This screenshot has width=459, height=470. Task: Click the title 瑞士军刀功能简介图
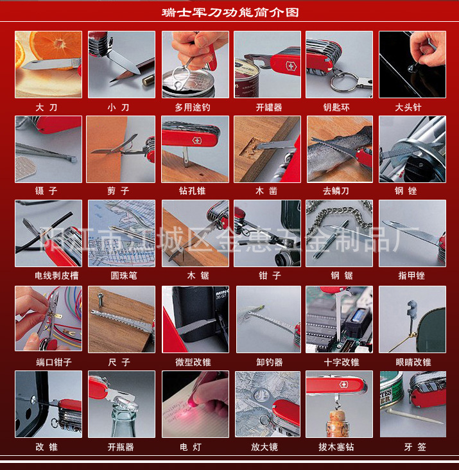[230, 12]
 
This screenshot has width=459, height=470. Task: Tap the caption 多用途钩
[193, 107]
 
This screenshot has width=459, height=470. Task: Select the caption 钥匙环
[336, 107]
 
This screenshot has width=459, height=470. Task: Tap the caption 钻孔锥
[192, 191]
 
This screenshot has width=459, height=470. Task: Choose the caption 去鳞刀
[336, 191]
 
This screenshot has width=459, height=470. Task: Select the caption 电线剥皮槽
[56, 275]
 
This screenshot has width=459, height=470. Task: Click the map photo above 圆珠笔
[121, 233]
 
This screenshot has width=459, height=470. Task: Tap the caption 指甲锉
[411, 275]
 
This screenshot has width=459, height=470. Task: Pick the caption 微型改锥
[193, 362]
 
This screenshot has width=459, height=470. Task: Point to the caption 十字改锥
[342, 362]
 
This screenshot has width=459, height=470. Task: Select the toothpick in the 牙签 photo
[414, 416]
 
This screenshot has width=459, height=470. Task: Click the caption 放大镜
[264, 447]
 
